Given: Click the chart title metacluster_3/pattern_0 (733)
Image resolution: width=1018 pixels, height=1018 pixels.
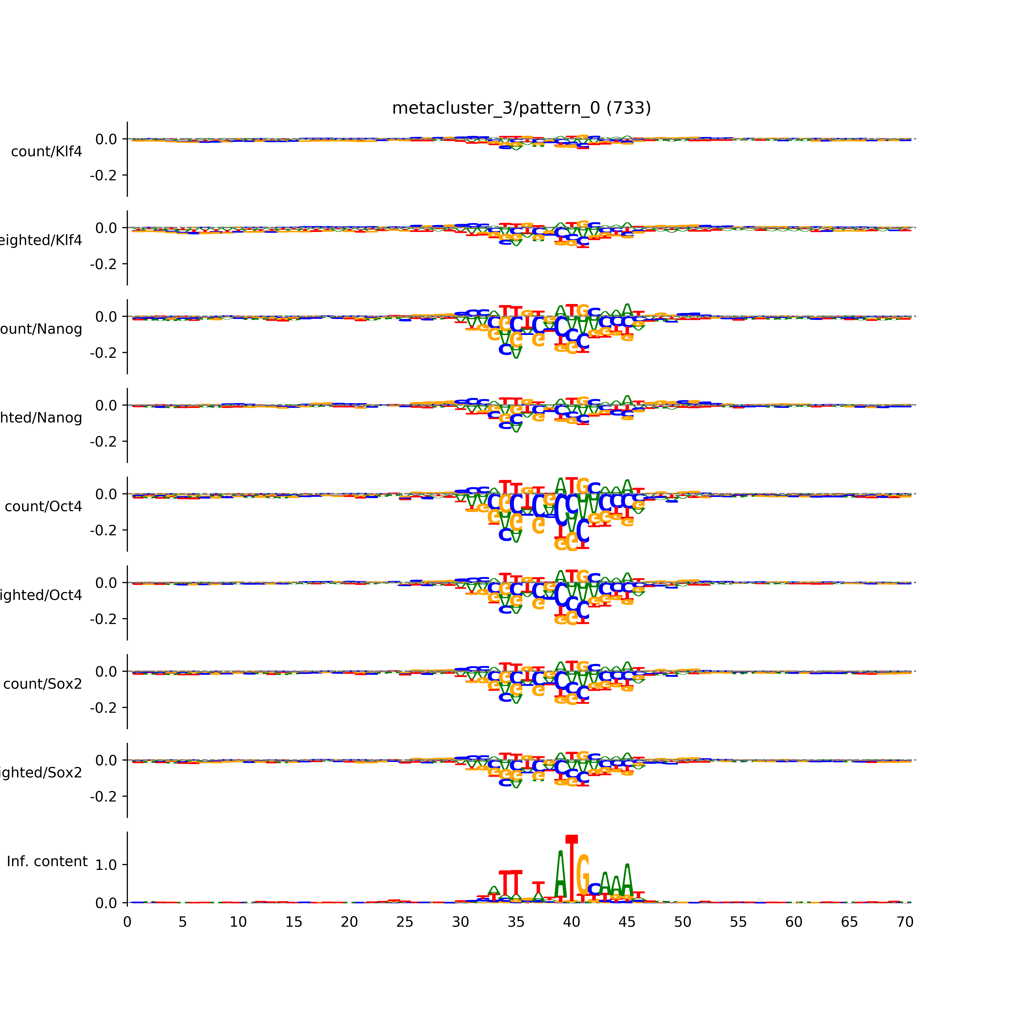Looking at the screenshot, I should pyautogui.click(x=521, y=108).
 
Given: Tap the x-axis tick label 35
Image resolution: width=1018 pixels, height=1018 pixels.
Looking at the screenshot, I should pyautogui.click(x=516, y=922).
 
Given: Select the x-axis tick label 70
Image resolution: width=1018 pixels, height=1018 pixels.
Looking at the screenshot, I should pyautogui.click(x=905, y=922).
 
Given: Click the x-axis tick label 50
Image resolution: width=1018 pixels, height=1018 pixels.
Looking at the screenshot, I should pyautogui.click(x=682, y=922).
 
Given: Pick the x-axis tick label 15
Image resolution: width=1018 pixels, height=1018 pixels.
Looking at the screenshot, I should pyautogui.click(x=294, y=922).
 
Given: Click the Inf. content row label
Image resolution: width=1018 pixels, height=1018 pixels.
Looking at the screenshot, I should pyautogui.click(x=47, y=862).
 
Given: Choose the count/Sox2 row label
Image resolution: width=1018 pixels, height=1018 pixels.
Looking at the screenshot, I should pyautogui.click(x=43, y=684).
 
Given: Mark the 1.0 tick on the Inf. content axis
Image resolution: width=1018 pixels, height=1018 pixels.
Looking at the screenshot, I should pyautogui.click(x=106, y=865).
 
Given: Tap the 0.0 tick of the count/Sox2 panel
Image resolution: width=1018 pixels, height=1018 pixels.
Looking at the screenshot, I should pyautogui.click(x=106, y=672).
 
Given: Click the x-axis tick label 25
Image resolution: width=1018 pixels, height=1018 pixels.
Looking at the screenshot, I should pyautogui.click(x=405, y=922).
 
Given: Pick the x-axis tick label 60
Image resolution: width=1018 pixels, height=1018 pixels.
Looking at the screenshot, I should pyautogui.click(x=794, y=922).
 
